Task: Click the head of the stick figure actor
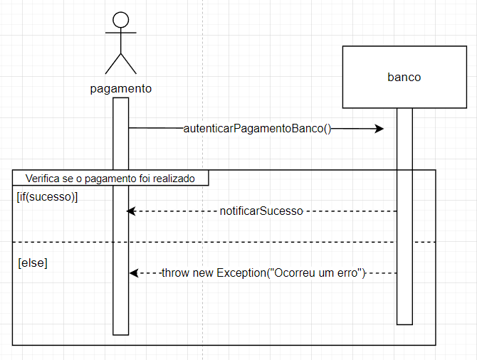(121, 20)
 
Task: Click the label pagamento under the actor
(121, 89)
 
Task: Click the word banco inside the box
(404, 77)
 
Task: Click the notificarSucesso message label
(262, 211)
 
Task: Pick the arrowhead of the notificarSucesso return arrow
(130, 211)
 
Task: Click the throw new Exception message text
(263, 273)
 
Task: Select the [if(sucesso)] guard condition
(47, 197)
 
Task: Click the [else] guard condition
(33, 263)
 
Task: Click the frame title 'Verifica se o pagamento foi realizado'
(110, 178)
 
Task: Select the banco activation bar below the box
(404, 299)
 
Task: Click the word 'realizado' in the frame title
(174, 178)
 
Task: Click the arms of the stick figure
(121, 33)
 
